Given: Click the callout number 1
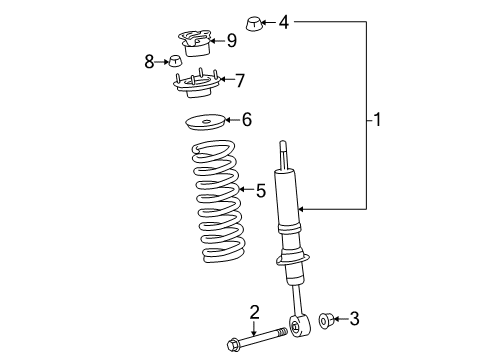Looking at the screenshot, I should (377, 121).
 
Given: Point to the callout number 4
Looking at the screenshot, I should (285, 20).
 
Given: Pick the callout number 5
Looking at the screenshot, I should (261, 189).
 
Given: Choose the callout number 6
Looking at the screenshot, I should (246, 119).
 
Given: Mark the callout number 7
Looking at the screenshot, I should (239, 78).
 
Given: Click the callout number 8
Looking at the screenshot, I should (149, 61).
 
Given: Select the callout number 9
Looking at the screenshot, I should (231, 41).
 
